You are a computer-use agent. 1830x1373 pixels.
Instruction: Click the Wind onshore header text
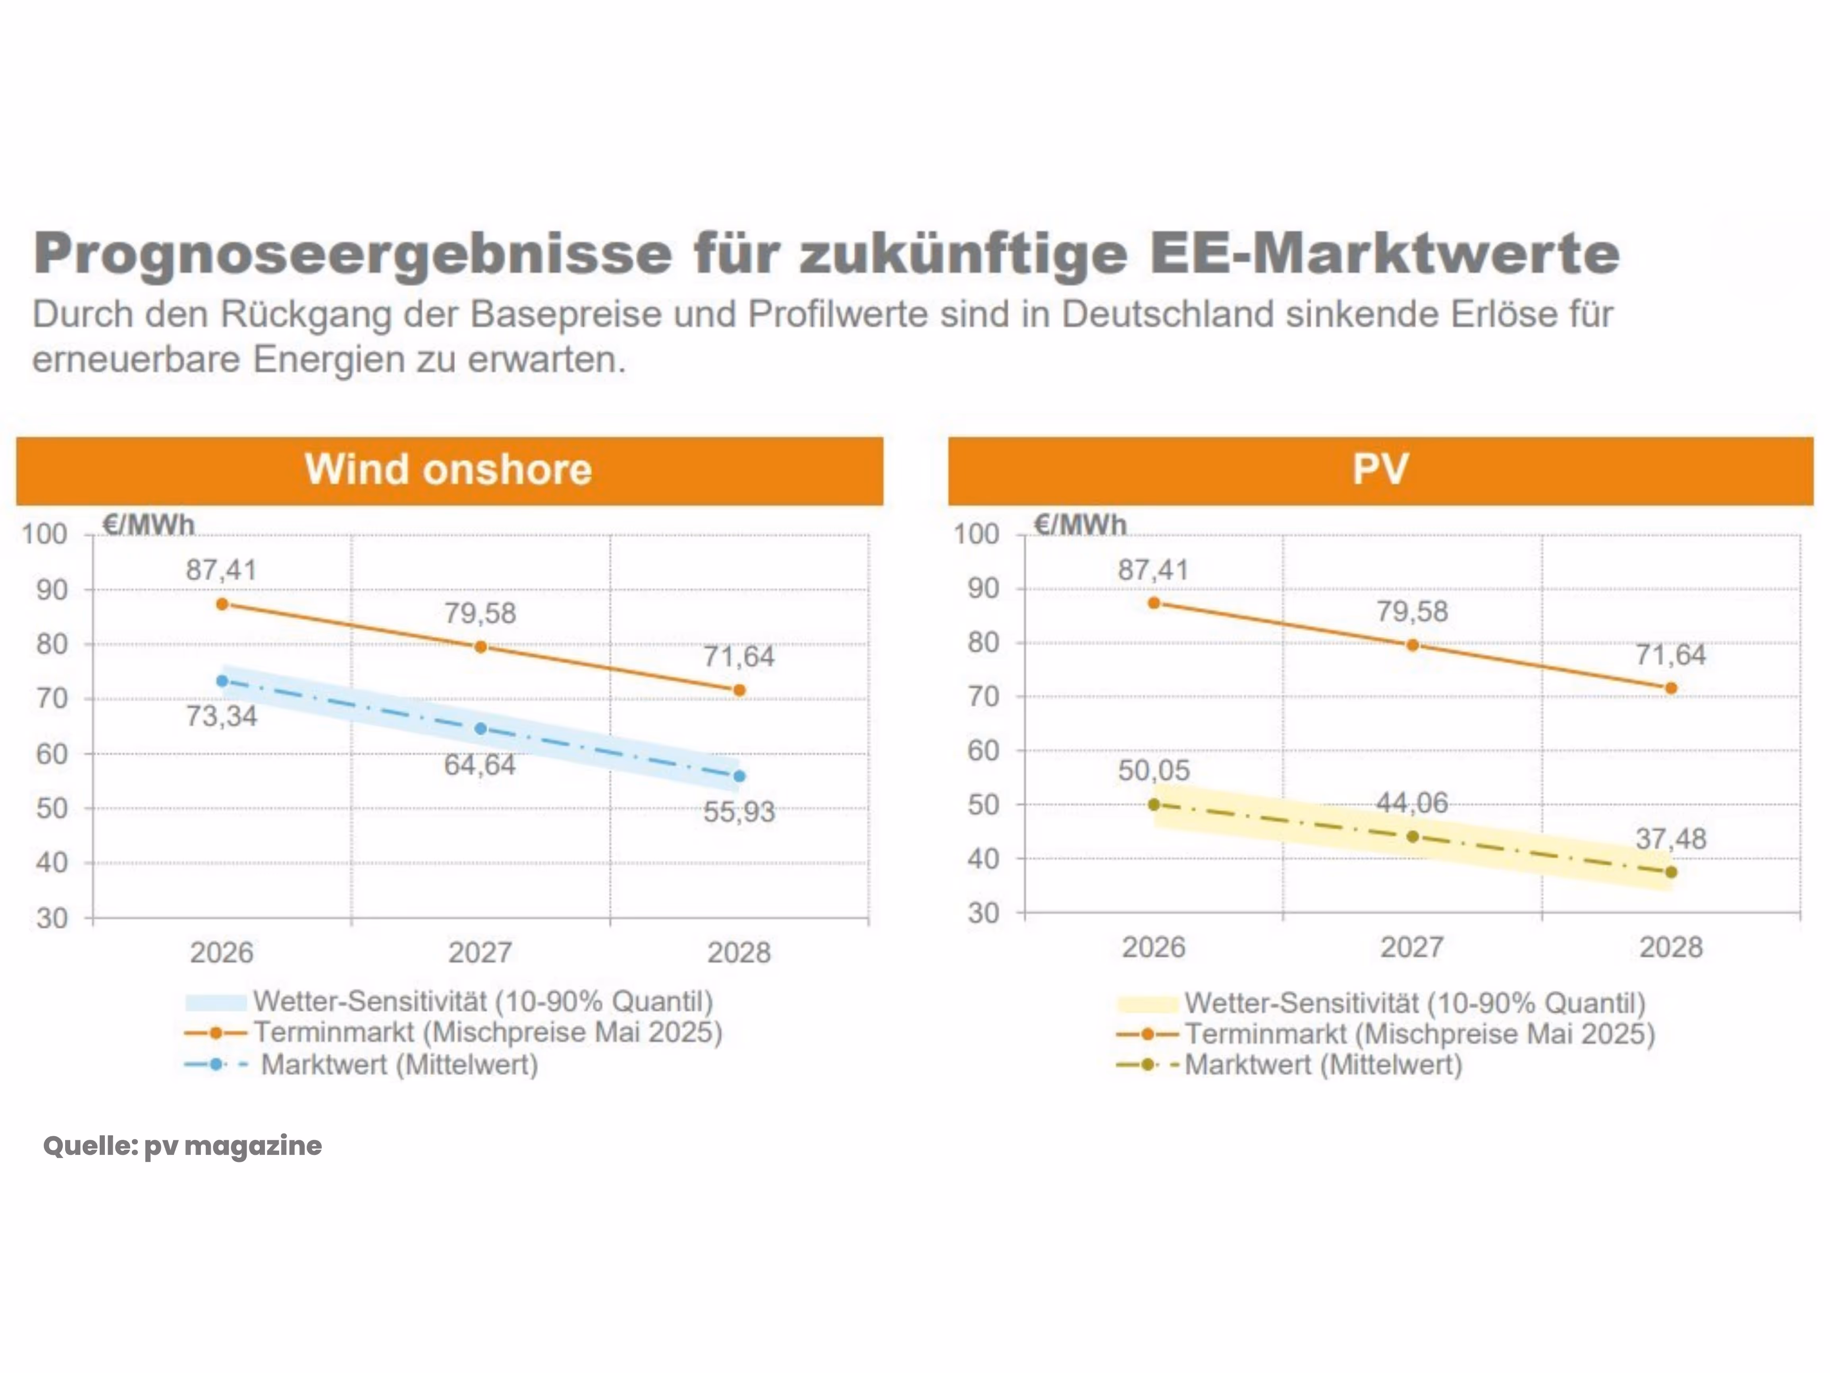[448, 469]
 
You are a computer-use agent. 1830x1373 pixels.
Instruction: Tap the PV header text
[1380, 469]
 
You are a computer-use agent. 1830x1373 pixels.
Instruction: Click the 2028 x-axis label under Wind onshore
[739, 953]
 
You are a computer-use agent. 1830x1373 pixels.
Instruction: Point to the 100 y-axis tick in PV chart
[976, 534]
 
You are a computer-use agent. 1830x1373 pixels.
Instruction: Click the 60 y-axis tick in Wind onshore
[51, 754]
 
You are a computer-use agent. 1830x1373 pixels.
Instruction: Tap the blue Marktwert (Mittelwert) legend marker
[216, 1064]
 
